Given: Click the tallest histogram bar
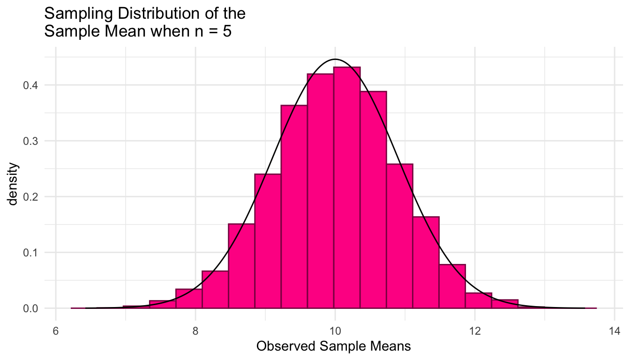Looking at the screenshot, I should click(x=347, y=187).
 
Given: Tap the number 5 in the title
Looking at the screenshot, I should click(x=227, y=33).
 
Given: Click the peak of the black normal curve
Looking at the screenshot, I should click(x=335, y=60).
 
